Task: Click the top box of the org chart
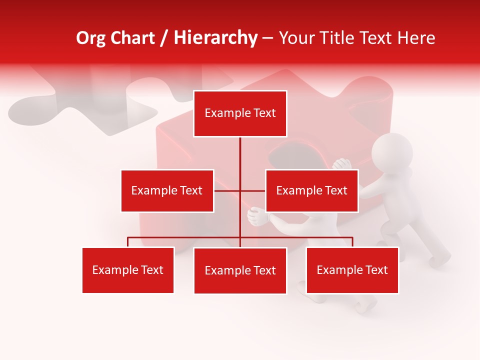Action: (240, 113)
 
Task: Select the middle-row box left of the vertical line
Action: (167, 190)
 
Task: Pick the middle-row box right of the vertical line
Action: (311, 190)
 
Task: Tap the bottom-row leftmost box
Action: (128, 270)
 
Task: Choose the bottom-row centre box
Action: (240, 270)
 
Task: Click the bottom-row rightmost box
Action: (352, 270)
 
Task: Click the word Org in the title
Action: (91, 38)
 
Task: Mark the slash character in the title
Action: (164, 38)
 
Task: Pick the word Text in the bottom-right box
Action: (376, 270)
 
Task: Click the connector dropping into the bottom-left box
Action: (128, 242)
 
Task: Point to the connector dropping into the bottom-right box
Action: (352, 242)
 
